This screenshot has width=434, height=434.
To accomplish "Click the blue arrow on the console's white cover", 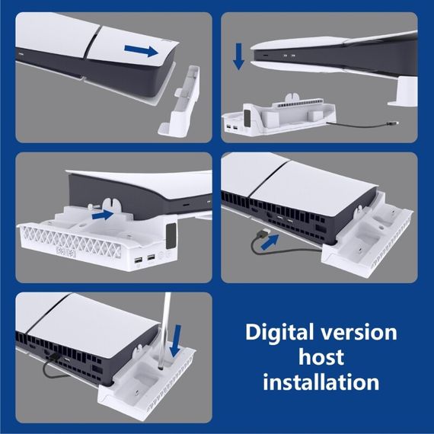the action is point(142,51).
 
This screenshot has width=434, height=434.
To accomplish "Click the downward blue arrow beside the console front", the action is point(238,56).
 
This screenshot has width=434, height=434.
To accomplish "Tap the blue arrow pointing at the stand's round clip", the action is point(103,215).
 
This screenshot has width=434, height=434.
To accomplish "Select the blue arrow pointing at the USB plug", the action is point(270,242).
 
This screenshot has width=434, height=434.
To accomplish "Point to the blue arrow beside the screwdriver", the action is point(176,341).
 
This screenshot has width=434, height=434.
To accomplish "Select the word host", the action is point(321,357).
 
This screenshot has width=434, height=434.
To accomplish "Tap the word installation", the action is point(321,381).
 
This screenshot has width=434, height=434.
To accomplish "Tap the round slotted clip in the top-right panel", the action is point(293,98).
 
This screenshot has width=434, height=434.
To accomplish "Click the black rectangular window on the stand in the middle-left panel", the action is point(171,236).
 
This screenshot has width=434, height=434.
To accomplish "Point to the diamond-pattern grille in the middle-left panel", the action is point(71,241).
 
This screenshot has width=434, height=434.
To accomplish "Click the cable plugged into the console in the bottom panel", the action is point(51,367).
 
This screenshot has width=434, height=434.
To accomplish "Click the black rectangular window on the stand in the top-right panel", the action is point(247,117).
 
